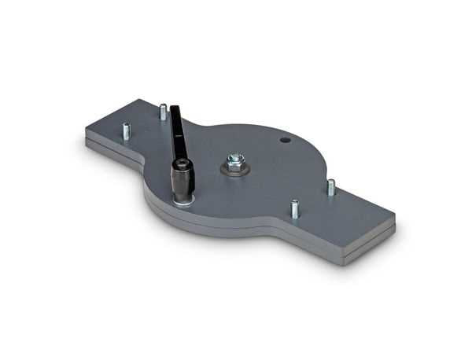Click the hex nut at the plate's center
click(x=235, y=165)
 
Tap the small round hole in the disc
click(x=285, y=140)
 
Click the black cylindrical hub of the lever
click(x=183, y=180)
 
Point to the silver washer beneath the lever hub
click(x=184, y=201)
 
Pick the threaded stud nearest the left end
click(x=126, y=130)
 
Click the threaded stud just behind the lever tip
click(x=163, y=112)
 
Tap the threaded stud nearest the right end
click(x=331, y=187)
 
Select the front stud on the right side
click(x=295, y=209)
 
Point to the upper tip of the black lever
click(x=174, y=107)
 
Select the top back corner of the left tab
click(x=139, y=100)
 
